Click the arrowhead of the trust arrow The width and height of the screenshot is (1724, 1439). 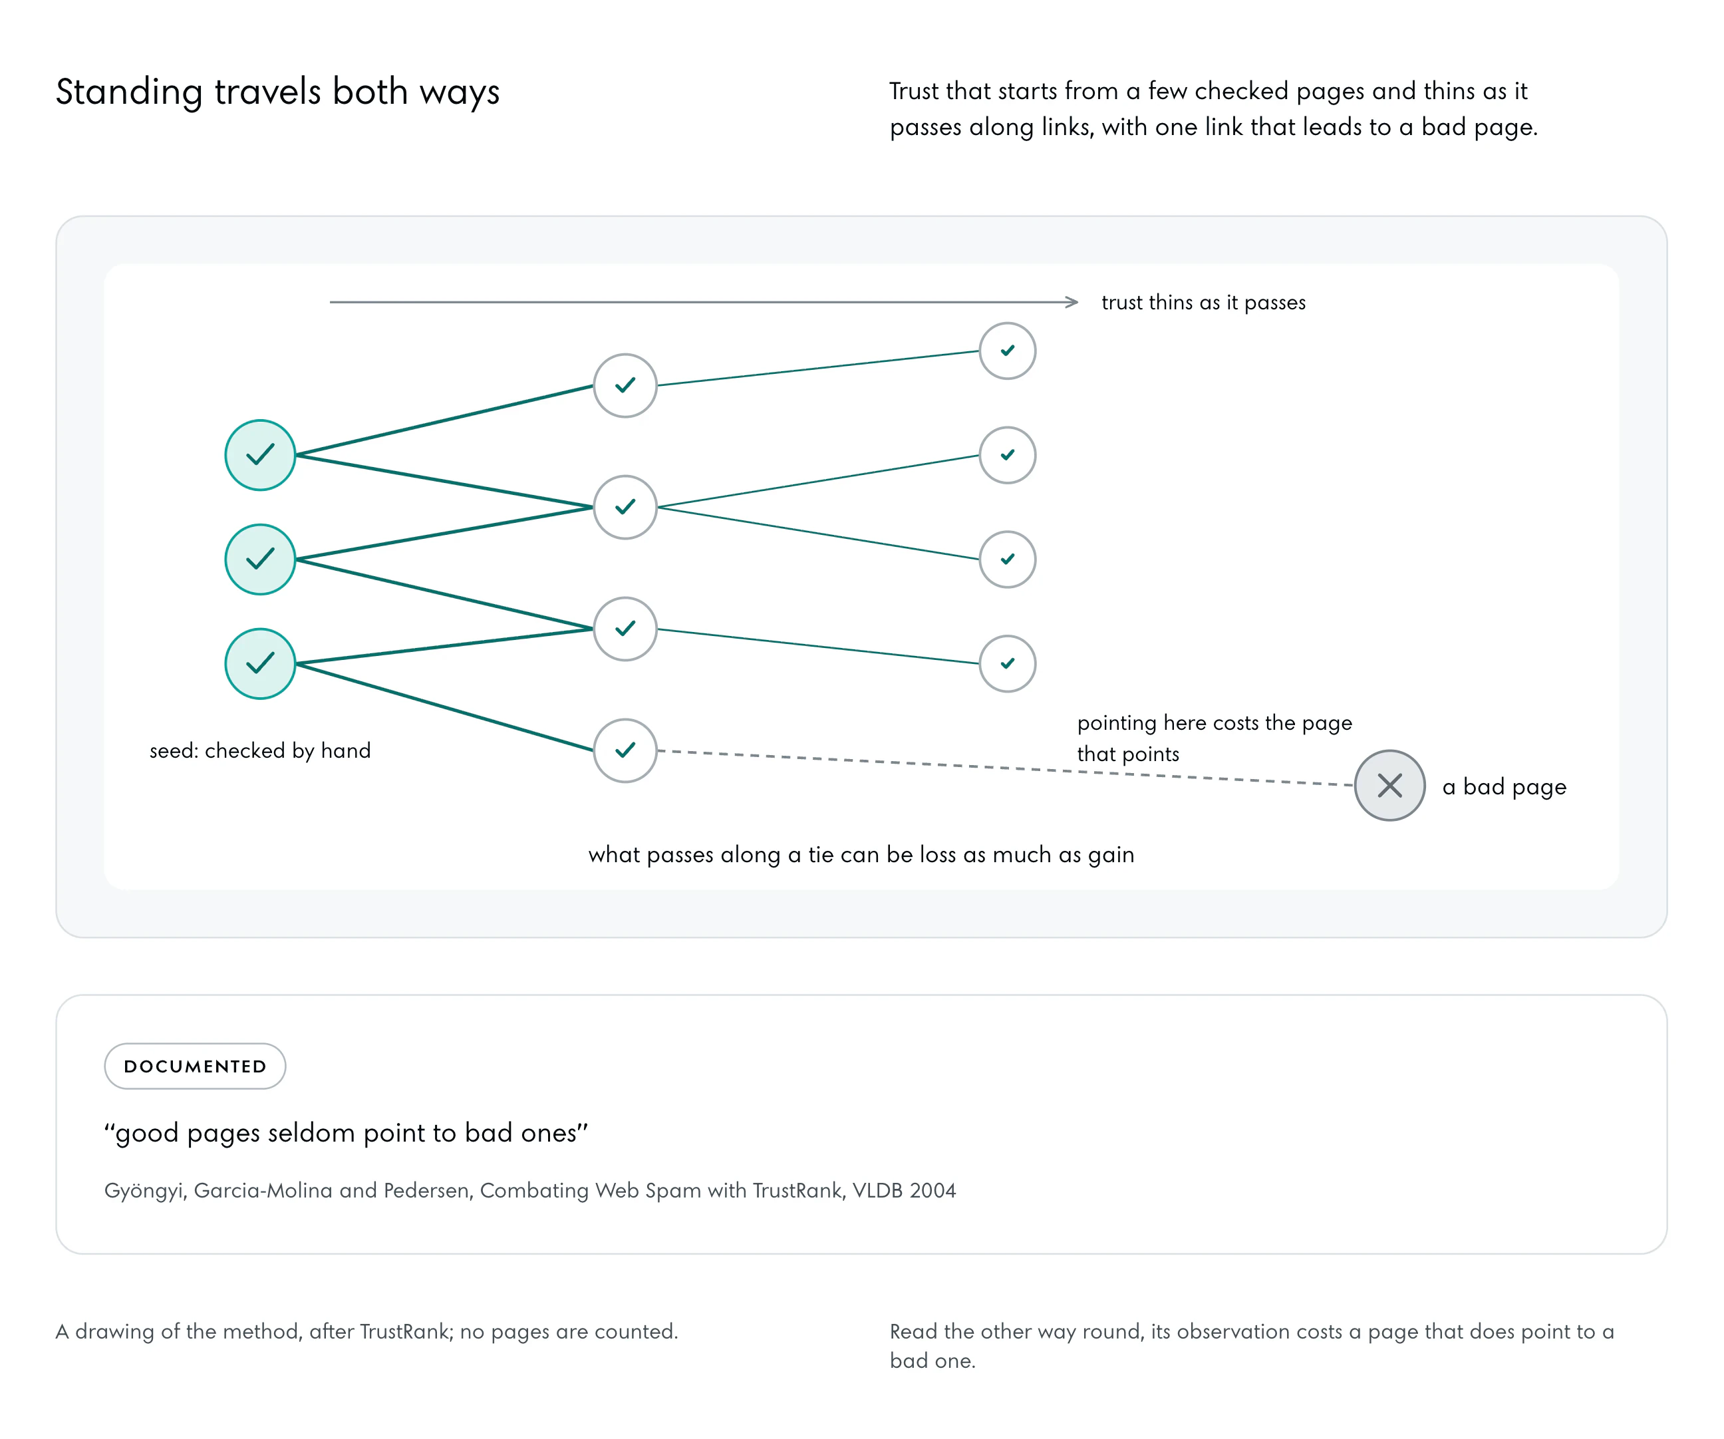[1076, 302]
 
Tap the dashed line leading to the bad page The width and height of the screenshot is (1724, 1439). [1006, 768]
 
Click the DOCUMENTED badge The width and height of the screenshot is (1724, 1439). [196, 1066]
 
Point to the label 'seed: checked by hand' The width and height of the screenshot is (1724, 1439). [260, 750]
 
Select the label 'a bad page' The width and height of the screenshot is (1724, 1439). [1504, 787]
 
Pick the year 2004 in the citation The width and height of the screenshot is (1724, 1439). [933, 1190]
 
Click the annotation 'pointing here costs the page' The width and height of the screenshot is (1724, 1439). [1215, 722]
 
